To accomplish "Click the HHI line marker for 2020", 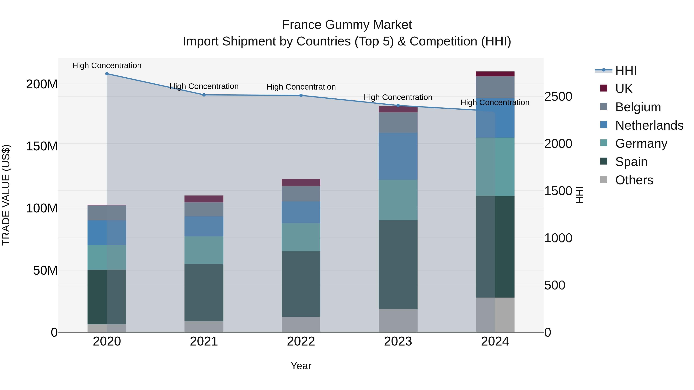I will (x=107, y=74).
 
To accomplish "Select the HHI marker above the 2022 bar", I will (x=301, y=95).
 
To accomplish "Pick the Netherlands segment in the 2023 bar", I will (x=398, y=156).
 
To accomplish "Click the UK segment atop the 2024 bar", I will (x=495, y=74).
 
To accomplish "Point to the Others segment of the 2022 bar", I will (x=301, y=324).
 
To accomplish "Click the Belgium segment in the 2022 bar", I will (x=301, y=194).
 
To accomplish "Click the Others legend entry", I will (x=634, y=180).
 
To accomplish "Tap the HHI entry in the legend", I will (x=626, y=70).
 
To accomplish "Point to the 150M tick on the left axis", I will (x=42, y=146).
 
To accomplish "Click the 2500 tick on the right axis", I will (x=558, y=97).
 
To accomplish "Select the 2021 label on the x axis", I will (x=204, y=341).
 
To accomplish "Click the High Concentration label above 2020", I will (x=107, y=65).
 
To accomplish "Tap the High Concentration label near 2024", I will (x=495, y=102).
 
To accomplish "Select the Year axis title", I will (x=301, y=366).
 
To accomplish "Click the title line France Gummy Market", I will (x=347, y=25).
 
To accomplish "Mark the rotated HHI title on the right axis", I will (x=579, y=195).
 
